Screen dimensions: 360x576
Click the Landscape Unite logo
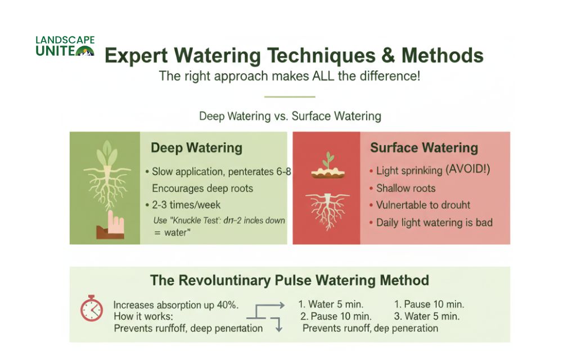(x=65, y=47)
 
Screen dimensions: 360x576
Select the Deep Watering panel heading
(x=196, y=148)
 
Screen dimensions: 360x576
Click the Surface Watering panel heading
(x=424, y=148)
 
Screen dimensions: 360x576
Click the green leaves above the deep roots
(x=105, y=151)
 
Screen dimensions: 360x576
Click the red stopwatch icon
(x=91, y=309)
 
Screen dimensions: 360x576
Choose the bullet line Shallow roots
(x=406, y=188)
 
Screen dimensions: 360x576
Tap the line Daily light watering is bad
(x=434, y=222)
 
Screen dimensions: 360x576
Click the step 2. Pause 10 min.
(x=336, y=316)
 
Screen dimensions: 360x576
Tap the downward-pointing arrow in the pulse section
(x=277, y=327)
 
